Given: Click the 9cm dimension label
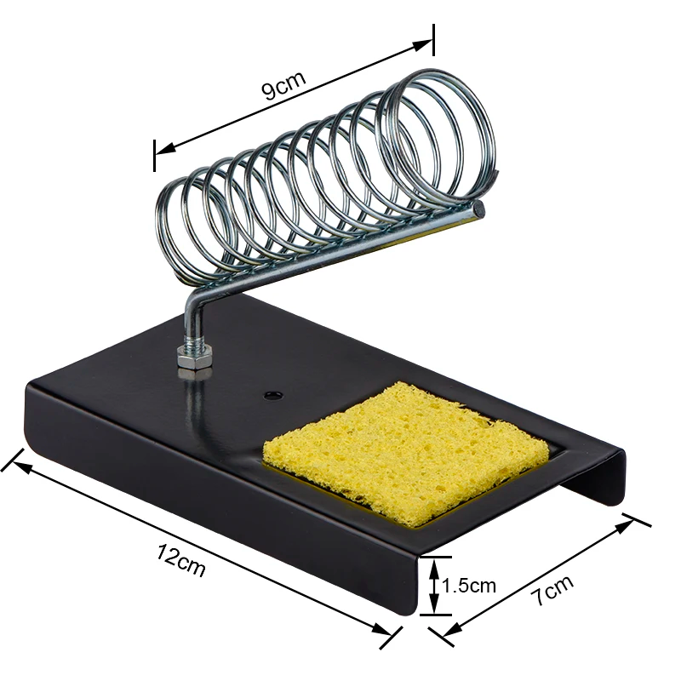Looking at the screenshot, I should coord(283,86).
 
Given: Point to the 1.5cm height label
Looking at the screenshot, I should coord(469,585).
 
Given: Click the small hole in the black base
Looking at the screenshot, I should coord(272,395).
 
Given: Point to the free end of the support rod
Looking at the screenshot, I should coord(479,208).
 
